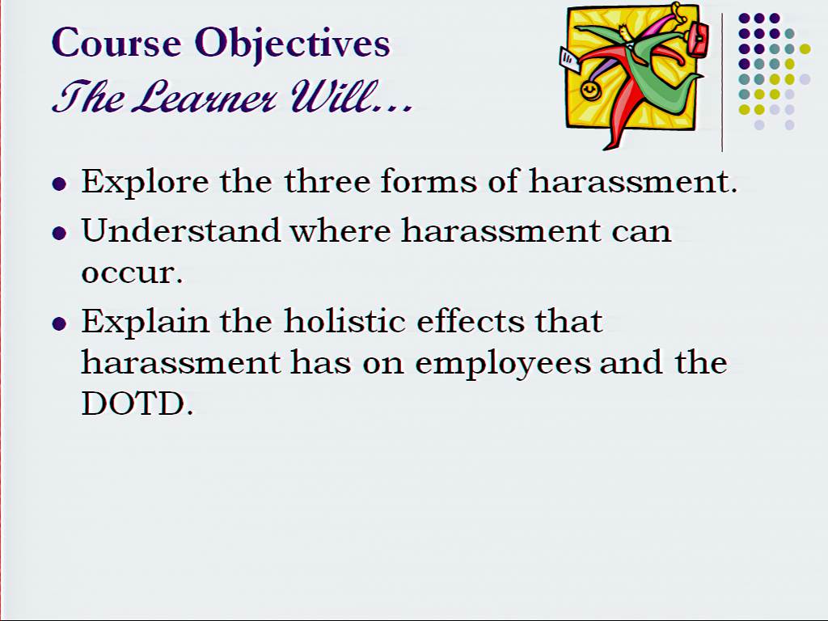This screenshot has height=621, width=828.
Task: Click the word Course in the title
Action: coord(116,42)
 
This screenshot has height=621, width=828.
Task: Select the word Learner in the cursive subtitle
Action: coord(203,97)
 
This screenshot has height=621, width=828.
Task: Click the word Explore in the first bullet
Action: coord(146,183)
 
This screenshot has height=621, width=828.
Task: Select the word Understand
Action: coord(180,230)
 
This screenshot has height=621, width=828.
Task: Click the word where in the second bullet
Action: coord(340,230)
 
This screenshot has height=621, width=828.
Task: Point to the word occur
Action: coord(132,273)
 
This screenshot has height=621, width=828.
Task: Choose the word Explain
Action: coord(146,320)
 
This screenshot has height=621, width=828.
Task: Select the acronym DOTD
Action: coord(137,404)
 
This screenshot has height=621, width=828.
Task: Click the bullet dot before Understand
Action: coord(60,233)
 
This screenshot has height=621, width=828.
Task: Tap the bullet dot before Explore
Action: coord(60,184)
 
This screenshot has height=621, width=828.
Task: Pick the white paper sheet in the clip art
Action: coord(568,60)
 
